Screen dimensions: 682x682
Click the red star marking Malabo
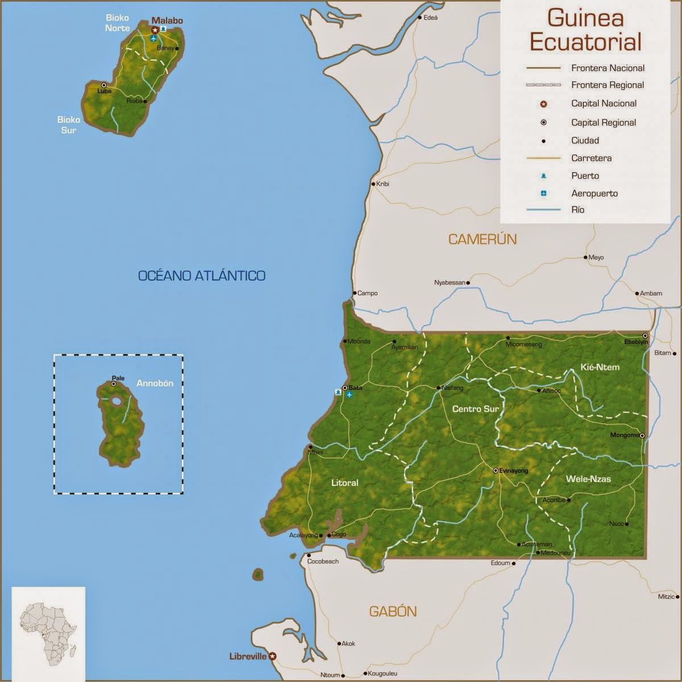[154, 29]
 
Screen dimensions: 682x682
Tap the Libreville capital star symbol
[272, 656]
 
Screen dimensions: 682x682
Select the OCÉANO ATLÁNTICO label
[202, 276]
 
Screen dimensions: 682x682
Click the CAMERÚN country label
[483, 239]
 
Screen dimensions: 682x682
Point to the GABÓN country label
[393, 612]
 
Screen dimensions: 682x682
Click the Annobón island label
[155, 383]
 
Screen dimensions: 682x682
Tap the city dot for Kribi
[373, 184]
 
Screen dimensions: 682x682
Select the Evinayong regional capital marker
[496, 471]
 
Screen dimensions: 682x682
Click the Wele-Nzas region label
[588, 479]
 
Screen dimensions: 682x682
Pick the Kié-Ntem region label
[600, 367]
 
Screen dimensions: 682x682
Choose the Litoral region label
[344, 483]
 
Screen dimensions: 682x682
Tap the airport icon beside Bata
[349, 394]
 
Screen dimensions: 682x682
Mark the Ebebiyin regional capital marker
[645, 335]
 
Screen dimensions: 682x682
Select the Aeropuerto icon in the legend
[543, 193]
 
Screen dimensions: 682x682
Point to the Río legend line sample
[543, 210]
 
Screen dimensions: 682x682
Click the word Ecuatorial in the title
[585, 42]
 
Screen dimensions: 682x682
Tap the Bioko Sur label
[66, 124]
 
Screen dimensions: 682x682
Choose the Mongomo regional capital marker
[642, 436]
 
